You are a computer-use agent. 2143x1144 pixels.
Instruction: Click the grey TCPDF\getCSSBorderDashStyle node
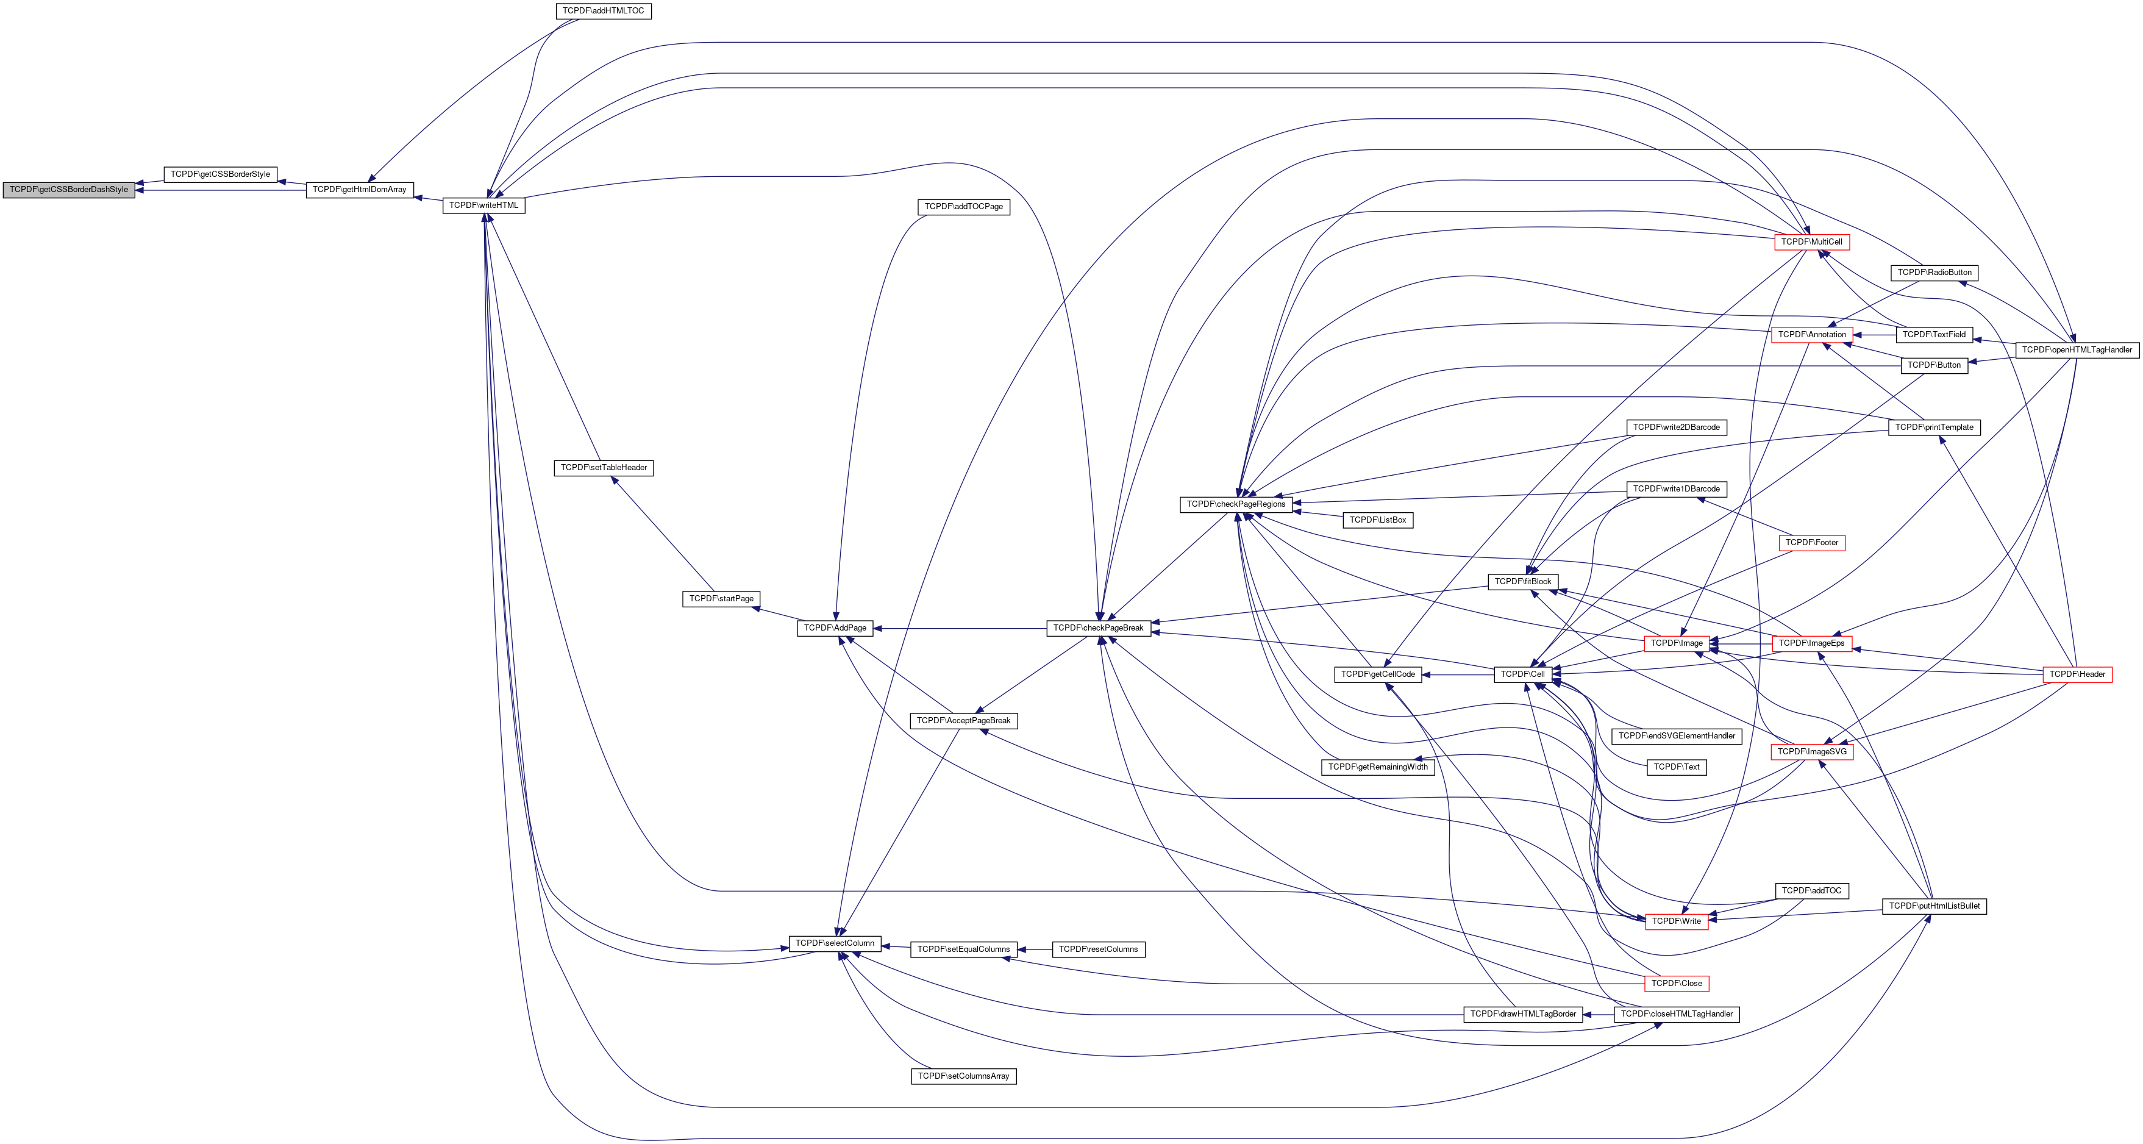click(x=69, y=190)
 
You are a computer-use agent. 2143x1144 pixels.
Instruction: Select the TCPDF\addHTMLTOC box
click(x=603, y=12)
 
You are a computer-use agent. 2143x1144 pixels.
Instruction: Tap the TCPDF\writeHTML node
click(x=483, y=206)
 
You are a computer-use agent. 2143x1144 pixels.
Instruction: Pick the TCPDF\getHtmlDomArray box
click(x=359, y=190)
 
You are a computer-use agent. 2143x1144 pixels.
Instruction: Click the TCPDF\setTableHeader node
click(x=603, y=468)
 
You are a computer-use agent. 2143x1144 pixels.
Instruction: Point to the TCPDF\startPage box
click(x=721, y=599)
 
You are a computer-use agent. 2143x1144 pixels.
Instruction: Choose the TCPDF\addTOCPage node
click(x=963, y=206)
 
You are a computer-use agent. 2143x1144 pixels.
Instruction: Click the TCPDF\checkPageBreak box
click(x=1098, y=628)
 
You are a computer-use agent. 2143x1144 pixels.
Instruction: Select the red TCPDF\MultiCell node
click(x=1811, y=242)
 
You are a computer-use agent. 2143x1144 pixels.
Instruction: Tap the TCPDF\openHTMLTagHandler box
click(x=2077, y=350)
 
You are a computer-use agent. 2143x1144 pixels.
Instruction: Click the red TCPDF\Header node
click(x=2077, y=674)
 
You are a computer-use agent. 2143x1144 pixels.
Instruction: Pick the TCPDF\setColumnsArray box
click(x=963, y=1076)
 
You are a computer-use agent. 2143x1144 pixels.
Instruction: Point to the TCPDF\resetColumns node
click(x=1098, y=949)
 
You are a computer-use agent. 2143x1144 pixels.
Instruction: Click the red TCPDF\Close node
click(x=1677, y=984)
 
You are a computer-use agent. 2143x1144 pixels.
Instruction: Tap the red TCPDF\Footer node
click(x=1811, y=543)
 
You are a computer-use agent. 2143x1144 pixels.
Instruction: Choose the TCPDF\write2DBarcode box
click(x=1677, y=427)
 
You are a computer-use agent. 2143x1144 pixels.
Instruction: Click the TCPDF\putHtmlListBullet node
click(x=1934, y=906)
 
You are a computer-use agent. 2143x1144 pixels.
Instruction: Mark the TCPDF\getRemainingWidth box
click(x=1378, y=767)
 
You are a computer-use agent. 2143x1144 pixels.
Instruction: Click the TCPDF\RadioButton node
click(x=1934, y=273)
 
